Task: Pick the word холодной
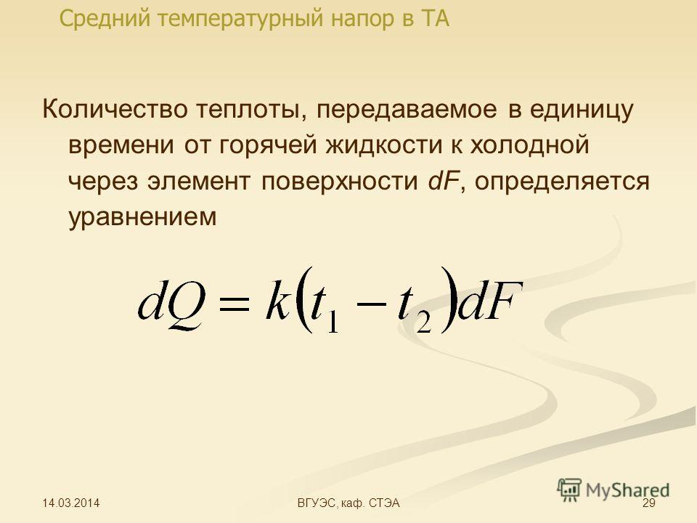point(529,145)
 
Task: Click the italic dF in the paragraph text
point(442,181)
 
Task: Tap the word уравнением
point(143,217)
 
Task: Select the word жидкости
point(383,145)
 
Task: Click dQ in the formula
point(172,302)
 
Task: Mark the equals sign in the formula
point(233,304)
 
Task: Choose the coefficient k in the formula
point(277,299)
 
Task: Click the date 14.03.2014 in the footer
point(71,503)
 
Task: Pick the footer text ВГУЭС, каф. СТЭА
point(348,503)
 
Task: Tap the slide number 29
point(649,503)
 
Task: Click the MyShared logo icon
point(569,490)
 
